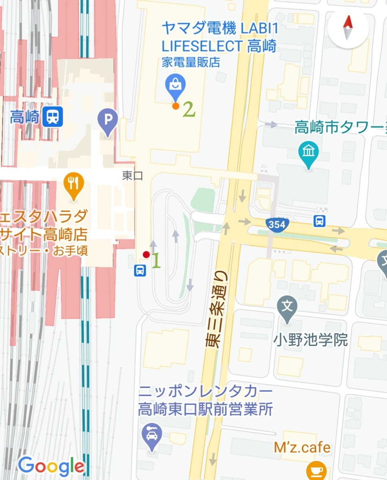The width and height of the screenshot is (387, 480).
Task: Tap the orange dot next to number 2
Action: pyautogui.click(x=176, y=106)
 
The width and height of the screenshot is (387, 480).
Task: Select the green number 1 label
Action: pyautogui.click(x=157, y=261)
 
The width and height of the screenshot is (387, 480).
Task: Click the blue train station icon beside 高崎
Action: pyautogui.click(x=53, y=116)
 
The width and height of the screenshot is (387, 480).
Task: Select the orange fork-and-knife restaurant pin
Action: pyautogui.click(x=73, y=184)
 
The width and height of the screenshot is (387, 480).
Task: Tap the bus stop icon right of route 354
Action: pyautogui.click(x=319, y=221)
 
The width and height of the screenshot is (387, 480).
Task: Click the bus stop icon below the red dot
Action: pyautogui.click(x=140, y=270)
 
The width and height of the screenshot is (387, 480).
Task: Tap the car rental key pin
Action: pyautogui.click(x=152, y=434)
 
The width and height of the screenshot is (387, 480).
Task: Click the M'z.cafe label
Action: pyautogui.click(x=302, y=448)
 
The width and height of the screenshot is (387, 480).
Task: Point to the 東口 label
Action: pyautogui.click(x=132, y=176)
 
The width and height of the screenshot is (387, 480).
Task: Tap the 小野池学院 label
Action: pyautogui.click(x=310, y=340)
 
